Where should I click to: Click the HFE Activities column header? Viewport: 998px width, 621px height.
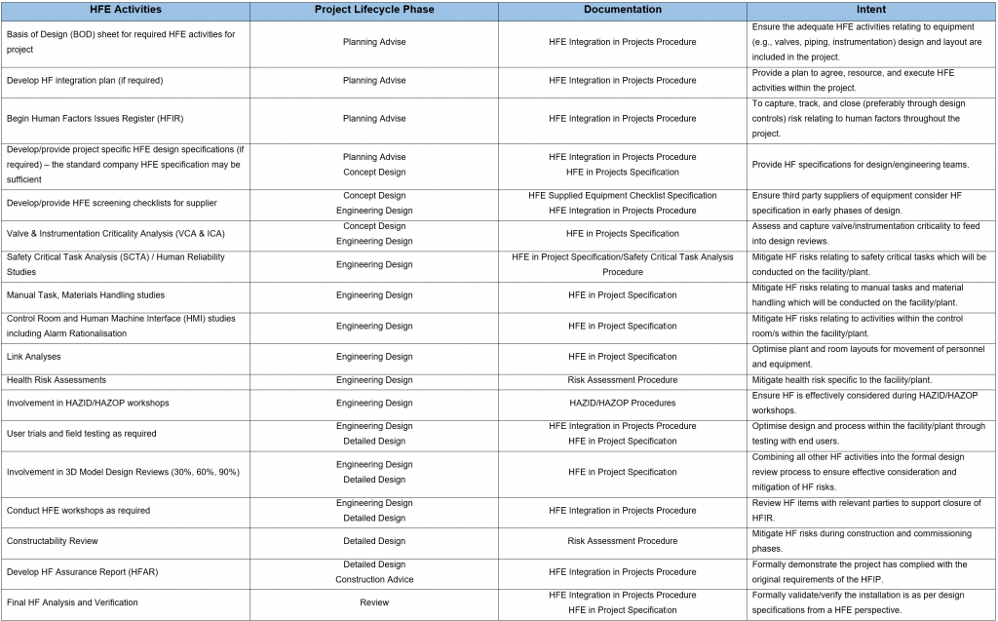(125, 10)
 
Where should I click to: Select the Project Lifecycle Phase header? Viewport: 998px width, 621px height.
(373, 10)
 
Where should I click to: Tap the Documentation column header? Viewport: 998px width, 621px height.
(622, 10)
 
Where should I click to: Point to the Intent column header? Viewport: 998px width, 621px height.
(870, 10)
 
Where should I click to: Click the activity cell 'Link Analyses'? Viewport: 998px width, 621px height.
(34, 357)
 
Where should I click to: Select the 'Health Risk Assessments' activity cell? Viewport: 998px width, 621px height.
(57, 380)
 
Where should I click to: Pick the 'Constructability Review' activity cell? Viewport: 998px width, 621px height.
(53, 541)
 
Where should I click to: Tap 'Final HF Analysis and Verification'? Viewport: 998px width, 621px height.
(72, 602)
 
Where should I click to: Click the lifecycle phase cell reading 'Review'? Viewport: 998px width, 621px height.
(373, 602)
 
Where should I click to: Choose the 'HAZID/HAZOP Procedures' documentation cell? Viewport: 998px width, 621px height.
(622, 403)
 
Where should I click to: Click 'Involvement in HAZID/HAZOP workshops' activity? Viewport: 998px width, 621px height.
(88, 403)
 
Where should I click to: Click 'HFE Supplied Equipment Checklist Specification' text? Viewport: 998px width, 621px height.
(622, 196)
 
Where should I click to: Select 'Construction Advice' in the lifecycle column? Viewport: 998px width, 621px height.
(373, 580)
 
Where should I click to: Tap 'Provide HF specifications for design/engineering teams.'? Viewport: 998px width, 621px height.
(861, 165)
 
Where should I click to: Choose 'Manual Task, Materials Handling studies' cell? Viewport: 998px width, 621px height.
(86, 295)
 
